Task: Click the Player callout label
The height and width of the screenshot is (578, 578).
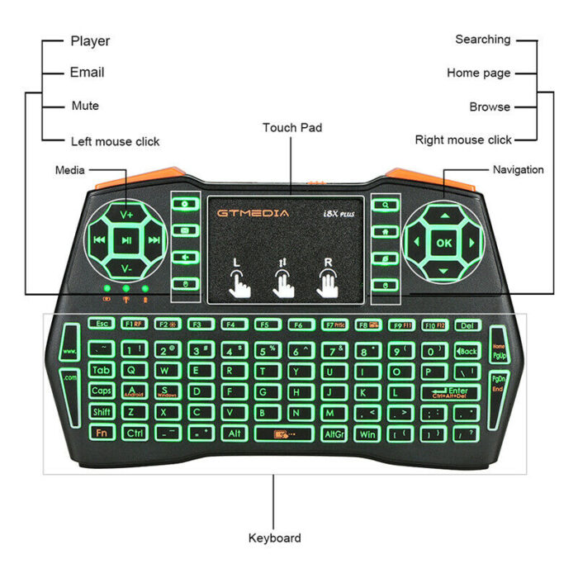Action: (90, 40)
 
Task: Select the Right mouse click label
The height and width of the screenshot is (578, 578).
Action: (463, 140)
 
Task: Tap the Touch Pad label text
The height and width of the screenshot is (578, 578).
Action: (292, 127)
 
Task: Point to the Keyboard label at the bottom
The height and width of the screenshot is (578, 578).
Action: (275, 538)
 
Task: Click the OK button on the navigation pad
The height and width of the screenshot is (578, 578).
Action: (444, 243)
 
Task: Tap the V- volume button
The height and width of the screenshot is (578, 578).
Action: (126, 269)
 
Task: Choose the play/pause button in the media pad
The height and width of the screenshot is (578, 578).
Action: (126, 242)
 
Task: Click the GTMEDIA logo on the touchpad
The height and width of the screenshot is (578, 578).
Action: (253, 213)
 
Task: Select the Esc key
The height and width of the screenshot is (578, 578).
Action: (102, 325)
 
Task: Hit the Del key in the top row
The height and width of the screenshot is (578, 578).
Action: (467, 325)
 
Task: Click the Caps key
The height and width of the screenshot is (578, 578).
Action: (102, 391)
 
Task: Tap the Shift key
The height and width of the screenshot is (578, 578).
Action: (102, 412)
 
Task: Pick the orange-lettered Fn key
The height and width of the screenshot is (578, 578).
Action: (102, 433)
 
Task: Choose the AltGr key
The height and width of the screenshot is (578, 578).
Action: (334, 433)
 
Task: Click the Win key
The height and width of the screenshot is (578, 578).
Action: (367, 433)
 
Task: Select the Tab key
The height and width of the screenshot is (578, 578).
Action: (102, 370)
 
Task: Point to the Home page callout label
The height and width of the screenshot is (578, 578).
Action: (479, 73)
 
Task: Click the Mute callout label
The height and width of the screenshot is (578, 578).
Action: (85, 106)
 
